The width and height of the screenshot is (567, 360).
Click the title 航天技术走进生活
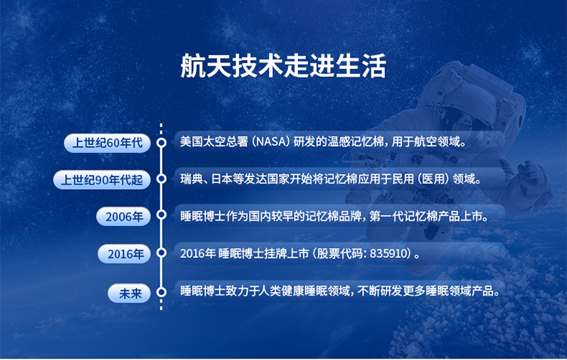pos(283,66)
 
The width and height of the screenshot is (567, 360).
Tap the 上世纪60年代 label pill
pos(107,143)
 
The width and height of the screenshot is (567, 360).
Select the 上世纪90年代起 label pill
pos(102,180)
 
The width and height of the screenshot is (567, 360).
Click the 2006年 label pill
pos(124,217)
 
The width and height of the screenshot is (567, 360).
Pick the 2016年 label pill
pos(125,254)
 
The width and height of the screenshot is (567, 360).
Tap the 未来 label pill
pos(129,293)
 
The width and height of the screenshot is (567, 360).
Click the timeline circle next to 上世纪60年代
pos(161,142)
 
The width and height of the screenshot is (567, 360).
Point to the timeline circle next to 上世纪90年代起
pos(161,178)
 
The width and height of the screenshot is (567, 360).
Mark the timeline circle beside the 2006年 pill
pos(161,215)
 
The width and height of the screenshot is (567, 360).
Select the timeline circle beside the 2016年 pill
pos(161,253)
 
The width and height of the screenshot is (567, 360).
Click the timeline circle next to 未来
pos(161,292)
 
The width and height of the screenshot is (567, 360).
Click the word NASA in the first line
pos(271,141)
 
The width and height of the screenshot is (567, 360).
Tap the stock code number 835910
pos(389,253)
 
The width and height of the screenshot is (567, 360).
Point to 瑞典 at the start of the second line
pos(191,178)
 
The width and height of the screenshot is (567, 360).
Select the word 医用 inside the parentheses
pos(433,178)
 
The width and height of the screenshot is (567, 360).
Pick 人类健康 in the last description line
pos(281,291)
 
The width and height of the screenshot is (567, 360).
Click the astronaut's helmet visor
pos(466,120)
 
